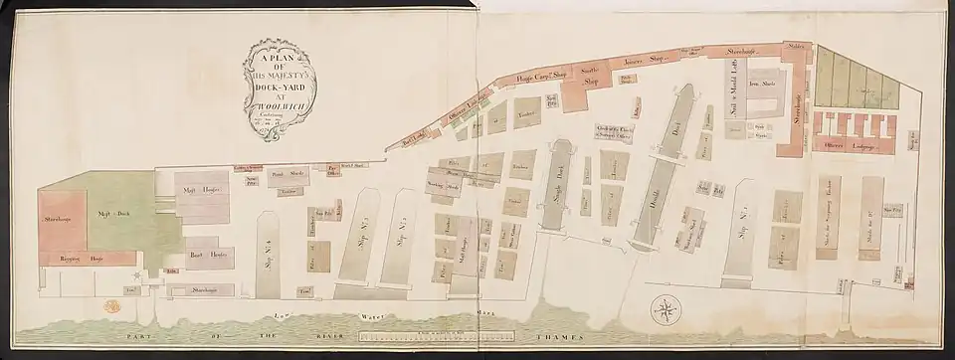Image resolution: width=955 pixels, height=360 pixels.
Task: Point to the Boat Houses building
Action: click(207, 255)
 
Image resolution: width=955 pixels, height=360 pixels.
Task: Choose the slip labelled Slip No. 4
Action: click(269, 249)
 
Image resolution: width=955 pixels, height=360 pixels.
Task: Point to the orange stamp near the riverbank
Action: click(108, 309)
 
